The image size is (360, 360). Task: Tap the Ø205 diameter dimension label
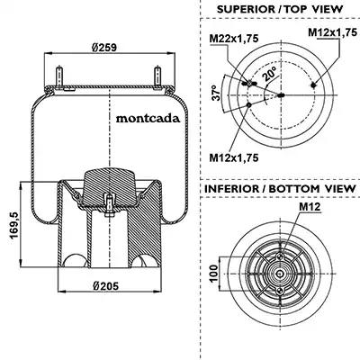coord(105,286)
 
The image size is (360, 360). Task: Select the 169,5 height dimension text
coord(14,225)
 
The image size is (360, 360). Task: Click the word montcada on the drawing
coord(148,119)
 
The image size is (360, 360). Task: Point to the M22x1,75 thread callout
coord(234,39)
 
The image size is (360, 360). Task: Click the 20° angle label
coord(270,75)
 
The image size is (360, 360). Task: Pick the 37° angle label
coord(216,93)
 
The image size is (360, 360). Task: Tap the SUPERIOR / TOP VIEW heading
coord(280,9)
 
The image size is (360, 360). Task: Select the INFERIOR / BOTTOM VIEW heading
coord(280,189)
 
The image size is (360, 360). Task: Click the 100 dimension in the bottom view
coord(213,274)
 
